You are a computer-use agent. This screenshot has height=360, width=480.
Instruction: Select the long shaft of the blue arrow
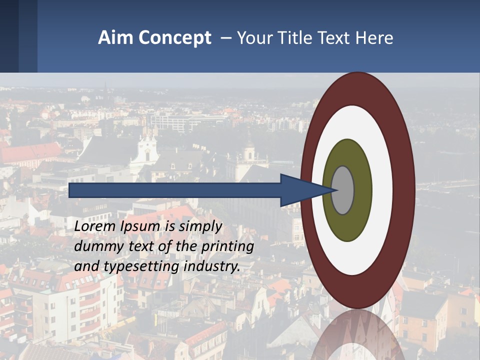[x=175, y=190]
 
